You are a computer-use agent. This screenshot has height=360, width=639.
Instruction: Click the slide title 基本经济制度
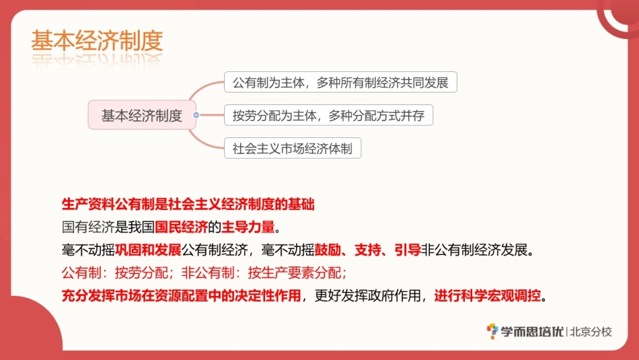coord(97,41)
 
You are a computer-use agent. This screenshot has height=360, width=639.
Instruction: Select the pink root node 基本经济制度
coord(142,115)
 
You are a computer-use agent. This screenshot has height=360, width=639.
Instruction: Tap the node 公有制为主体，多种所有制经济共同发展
coord(340,83)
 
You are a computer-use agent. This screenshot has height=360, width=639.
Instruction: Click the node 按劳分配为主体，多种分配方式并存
coord(328,115)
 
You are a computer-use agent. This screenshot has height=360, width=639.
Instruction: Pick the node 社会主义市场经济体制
coord(293,148)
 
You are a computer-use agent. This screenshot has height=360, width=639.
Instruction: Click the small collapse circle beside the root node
coord(196,115)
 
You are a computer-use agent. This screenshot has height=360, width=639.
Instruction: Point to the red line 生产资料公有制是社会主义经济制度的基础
coord(188,204)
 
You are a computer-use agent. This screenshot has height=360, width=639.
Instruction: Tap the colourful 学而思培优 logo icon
coord(493,331)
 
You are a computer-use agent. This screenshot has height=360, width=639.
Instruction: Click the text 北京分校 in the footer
coord(591,331)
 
